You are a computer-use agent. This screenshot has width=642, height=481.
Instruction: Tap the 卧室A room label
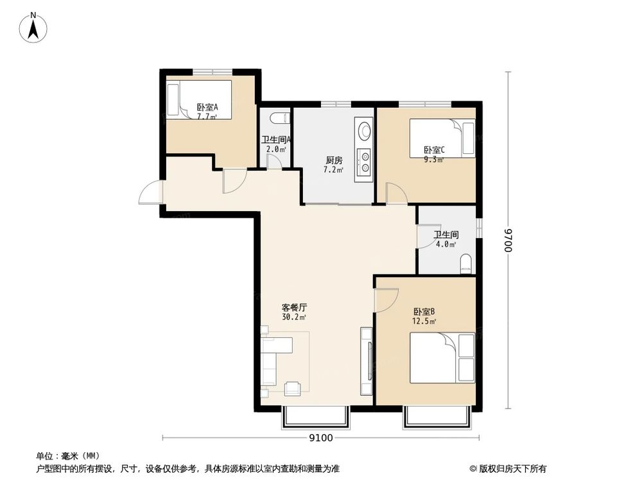207,108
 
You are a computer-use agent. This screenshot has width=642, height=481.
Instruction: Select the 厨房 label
334,160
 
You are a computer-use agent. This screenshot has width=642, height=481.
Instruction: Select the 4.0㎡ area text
445,244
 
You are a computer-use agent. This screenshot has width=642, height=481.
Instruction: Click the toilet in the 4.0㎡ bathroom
467,263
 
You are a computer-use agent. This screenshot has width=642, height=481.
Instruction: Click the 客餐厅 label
292,307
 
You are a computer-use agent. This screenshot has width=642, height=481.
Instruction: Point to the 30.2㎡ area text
293,317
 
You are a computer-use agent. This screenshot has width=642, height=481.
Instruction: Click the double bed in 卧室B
442,356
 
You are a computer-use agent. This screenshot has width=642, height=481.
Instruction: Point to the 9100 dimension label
320,438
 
